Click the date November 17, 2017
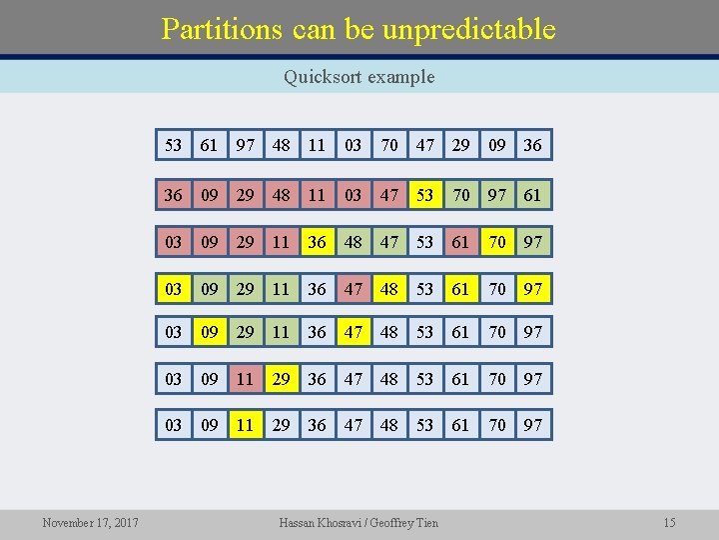[90, 522]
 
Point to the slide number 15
[669, 522]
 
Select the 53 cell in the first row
[174, 145]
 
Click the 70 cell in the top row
[389, 145]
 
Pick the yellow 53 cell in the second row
[425, 194]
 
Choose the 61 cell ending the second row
[532, 194]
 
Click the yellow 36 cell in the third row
[317, 241]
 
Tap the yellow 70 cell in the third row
[497, 241]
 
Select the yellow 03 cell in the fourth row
[174, 289]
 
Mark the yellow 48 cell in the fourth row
[389, 289]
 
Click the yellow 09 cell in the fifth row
[209, 331]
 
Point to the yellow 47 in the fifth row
[354, 331]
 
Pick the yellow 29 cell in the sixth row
[282, 378]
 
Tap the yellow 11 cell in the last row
[246, 425]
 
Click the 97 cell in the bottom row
[532, 425]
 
